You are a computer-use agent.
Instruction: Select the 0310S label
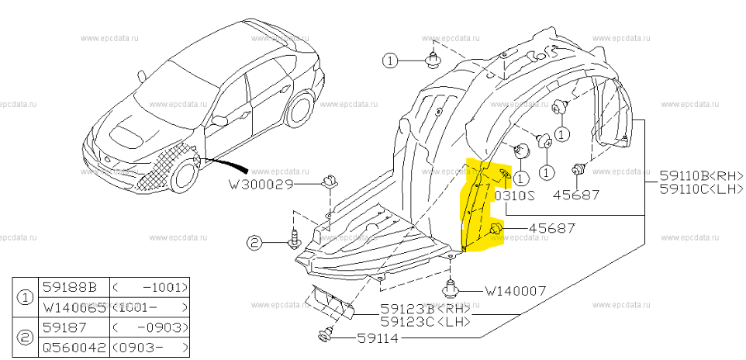[514, 196]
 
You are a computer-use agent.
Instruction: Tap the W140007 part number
[516, 291]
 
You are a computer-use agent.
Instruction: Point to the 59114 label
[378, 338]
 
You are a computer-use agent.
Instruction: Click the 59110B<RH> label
[700, 176]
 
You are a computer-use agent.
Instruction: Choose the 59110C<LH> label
[700, 189]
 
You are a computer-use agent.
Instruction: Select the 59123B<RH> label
[424, 308]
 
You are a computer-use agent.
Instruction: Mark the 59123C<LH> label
[424, 320]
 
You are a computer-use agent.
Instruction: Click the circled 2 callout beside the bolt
[255, 244]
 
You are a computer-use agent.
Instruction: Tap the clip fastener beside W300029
[329, 182]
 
